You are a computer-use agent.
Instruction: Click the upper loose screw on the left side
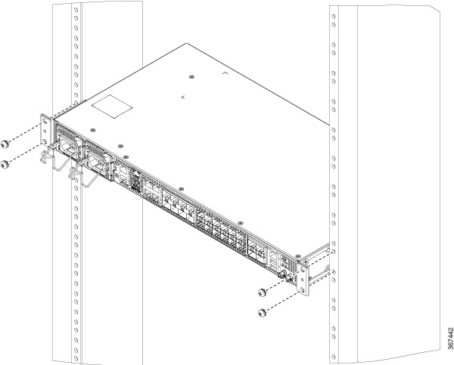5,144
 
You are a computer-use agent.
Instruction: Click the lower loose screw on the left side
5,165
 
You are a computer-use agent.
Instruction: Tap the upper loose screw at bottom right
262,292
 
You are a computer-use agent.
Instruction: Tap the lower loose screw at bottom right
262,313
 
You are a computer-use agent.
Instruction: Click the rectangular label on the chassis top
112,107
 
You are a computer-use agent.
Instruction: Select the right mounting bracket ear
303,280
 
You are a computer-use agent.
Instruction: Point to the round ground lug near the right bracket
281,274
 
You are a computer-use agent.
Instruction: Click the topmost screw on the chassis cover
191,77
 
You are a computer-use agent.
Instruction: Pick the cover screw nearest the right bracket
298,256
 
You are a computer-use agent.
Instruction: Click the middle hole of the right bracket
303,280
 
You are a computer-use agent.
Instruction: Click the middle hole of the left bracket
45,132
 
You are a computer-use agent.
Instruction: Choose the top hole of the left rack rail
76,9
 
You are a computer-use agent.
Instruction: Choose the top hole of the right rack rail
333,17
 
